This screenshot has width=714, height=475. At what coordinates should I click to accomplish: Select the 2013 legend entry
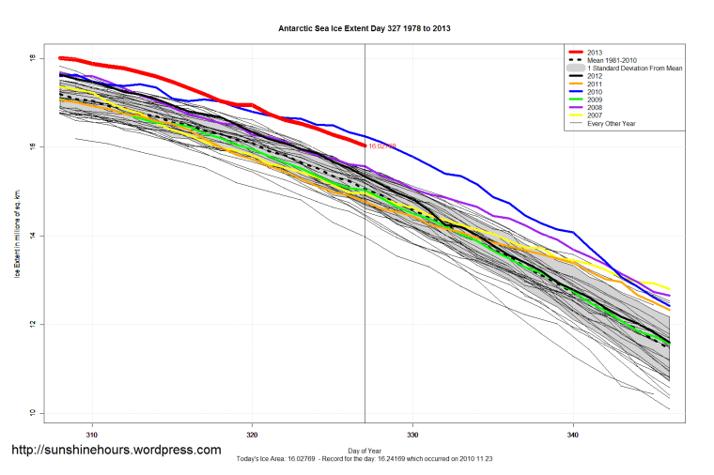coord(593,51)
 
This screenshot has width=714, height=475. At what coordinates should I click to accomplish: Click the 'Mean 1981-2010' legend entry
coord(611,60)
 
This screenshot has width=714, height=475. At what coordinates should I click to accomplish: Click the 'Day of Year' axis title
coord(365,452)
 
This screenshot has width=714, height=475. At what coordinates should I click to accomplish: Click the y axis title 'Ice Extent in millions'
coord(16,236)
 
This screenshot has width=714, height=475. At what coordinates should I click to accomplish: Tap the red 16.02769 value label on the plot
coord(381,146)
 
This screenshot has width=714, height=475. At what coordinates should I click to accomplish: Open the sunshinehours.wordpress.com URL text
coord(116,450)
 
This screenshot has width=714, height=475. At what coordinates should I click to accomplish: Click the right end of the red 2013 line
coord(364,145)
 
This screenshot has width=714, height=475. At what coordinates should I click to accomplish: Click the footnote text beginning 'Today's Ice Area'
coord(365,461)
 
